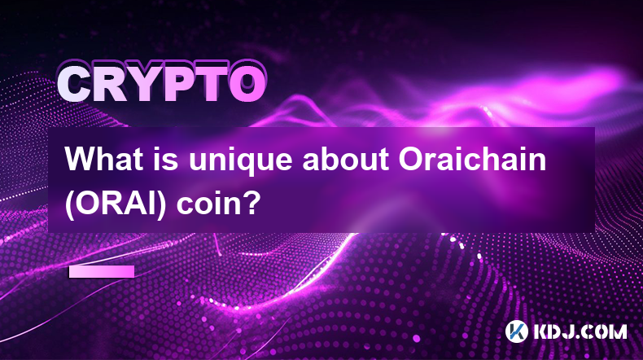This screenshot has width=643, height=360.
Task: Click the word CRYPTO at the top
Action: (162, 83)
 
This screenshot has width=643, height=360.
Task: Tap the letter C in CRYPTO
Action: (75, 84)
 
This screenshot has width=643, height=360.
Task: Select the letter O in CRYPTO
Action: (246, 84)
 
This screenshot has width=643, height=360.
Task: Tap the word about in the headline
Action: (345, 159)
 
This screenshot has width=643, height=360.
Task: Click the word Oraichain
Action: (472, 159)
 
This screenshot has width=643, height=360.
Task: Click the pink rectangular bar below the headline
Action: (101, 271)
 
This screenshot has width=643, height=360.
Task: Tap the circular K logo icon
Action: (516, 331)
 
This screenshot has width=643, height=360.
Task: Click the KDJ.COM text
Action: (580, 331)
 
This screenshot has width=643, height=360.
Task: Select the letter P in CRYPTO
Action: (179, 84)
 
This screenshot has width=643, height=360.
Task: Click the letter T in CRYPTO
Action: (211, 84)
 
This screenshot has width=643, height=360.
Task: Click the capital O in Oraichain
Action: (410, 160)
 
